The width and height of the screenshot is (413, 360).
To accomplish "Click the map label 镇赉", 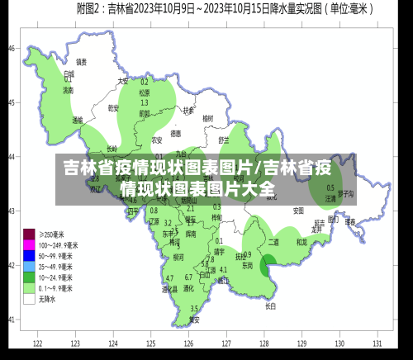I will (81, 61).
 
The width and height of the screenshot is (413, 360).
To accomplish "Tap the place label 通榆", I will (77, 120).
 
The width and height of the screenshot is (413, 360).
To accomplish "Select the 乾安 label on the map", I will (114, 107).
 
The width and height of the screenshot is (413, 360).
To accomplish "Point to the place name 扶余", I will (188, 110).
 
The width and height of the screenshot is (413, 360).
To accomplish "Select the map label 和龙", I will (301, 242).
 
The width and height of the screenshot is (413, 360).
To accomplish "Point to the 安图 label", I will (298, 211).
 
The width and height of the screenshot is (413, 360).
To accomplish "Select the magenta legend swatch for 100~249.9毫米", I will (29, 245).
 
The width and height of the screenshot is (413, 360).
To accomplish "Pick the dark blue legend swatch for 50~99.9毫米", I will (29, 256).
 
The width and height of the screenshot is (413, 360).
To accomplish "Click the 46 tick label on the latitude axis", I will (12, 48).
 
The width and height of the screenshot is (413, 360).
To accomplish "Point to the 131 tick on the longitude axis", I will (377, 343).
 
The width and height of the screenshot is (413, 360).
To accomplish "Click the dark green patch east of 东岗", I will (268, 266).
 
